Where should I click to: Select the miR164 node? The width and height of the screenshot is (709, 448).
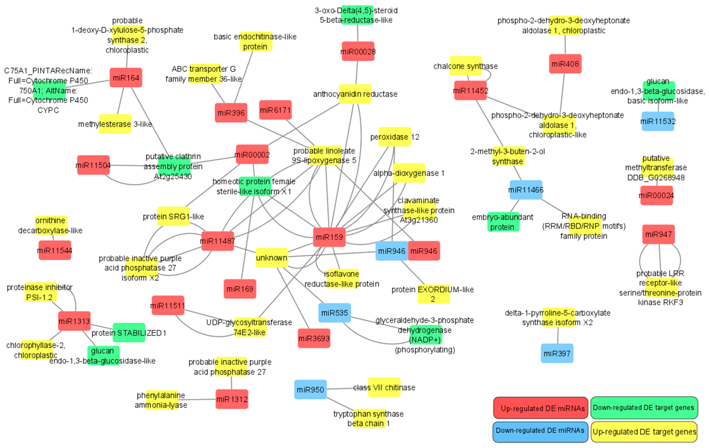(x=126, y=78)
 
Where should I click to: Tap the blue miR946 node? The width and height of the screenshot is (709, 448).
(x=392, y=251)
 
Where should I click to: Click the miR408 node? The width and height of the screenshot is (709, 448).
(x=565, y=64)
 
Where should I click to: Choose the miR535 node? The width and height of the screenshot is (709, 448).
(x=334, y=313)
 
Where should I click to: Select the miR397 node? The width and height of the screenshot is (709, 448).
(x=557, y=353)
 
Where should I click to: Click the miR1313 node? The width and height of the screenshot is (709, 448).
(x=74, y=321)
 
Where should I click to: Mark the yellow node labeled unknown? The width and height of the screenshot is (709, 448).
(x=272, y=258)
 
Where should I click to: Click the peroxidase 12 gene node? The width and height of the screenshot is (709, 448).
(x=395, y=137)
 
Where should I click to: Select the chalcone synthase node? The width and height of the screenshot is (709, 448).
(x=466, y=66)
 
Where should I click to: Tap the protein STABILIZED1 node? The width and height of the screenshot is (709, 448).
(x=129, y=333)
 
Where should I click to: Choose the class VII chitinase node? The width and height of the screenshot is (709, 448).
(x=384, y=387)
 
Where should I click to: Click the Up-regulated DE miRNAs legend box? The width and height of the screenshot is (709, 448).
(x=541, y=408)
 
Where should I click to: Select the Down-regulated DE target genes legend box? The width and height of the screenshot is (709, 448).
(x=644, y=408)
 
